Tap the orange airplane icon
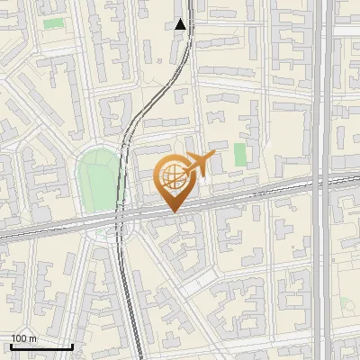pyautogui.click(x=200, y=165)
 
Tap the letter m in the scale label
pyautogui.click(x=32, y=338)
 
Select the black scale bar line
pyautogui.click(x=41, y=346)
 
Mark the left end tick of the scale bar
pyautogui.click(x=11, y=346)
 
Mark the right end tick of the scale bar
pyautogui.click(x=72, y=346)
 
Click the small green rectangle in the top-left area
pyautogui.click(x=54, y=22)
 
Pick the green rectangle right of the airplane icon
pyautogui.click(x=240, y=155)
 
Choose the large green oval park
pyautogui.click(x=99, y=180)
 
